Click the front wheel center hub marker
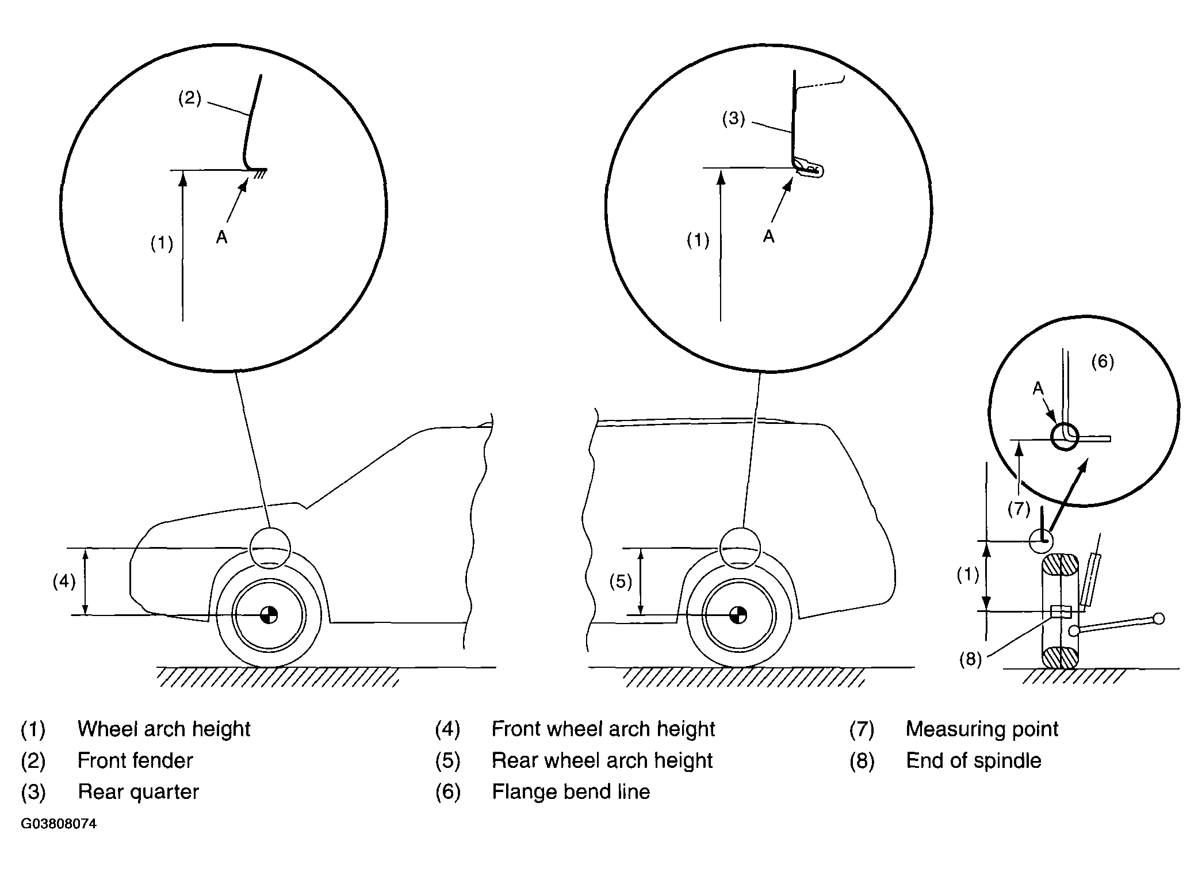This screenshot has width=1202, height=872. click(269, 615)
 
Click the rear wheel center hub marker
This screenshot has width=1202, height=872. click(738, 615)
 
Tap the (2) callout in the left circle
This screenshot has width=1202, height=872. click(190, 98)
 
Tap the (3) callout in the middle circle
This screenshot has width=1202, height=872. click(734, 119)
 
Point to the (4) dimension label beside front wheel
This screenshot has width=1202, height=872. click(64, 582)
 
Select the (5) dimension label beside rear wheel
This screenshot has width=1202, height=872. click(621, 582)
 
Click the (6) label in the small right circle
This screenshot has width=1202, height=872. click(1103, 361)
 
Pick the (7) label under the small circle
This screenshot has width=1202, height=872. click(1019, 508)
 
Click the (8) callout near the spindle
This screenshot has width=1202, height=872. click(970, 659)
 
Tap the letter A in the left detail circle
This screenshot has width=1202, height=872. click(222, 237)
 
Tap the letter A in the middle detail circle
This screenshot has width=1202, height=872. click(769, 236)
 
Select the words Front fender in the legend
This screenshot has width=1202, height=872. click(135, 760)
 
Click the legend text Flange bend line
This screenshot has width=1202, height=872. click(571, 791)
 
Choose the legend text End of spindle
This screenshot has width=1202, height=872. click(974, 760)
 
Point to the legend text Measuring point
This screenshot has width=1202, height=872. click(982, 729)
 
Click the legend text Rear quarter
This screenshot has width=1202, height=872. click(138, 792)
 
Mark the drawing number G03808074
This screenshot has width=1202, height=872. click(59, 824)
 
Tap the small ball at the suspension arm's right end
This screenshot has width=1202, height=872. click(1159, 618)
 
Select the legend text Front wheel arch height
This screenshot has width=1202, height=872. click(603, 729)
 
